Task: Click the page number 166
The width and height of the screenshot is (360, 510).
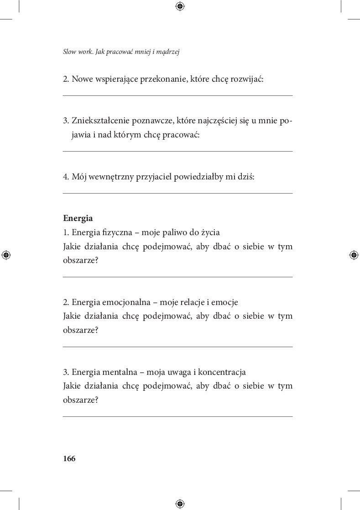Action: (69, 459)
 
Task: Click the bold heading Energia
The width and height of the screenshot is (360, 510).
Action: (78, 218)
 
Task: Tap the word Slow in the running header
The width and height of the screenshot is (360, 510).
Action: (69, 52)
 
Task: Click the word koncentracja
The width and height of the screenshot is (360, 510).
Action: (219, 372)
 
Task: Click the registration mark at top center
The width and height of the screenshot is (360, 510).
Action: (180, 6)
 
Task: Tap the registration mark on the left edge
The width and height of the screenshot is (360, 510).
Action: (6, 255)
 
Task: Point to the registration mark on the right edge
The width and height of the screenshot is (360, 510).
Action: (354, 255)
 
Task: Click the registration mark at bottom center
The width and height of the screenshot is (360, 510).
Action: (180, 504)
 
